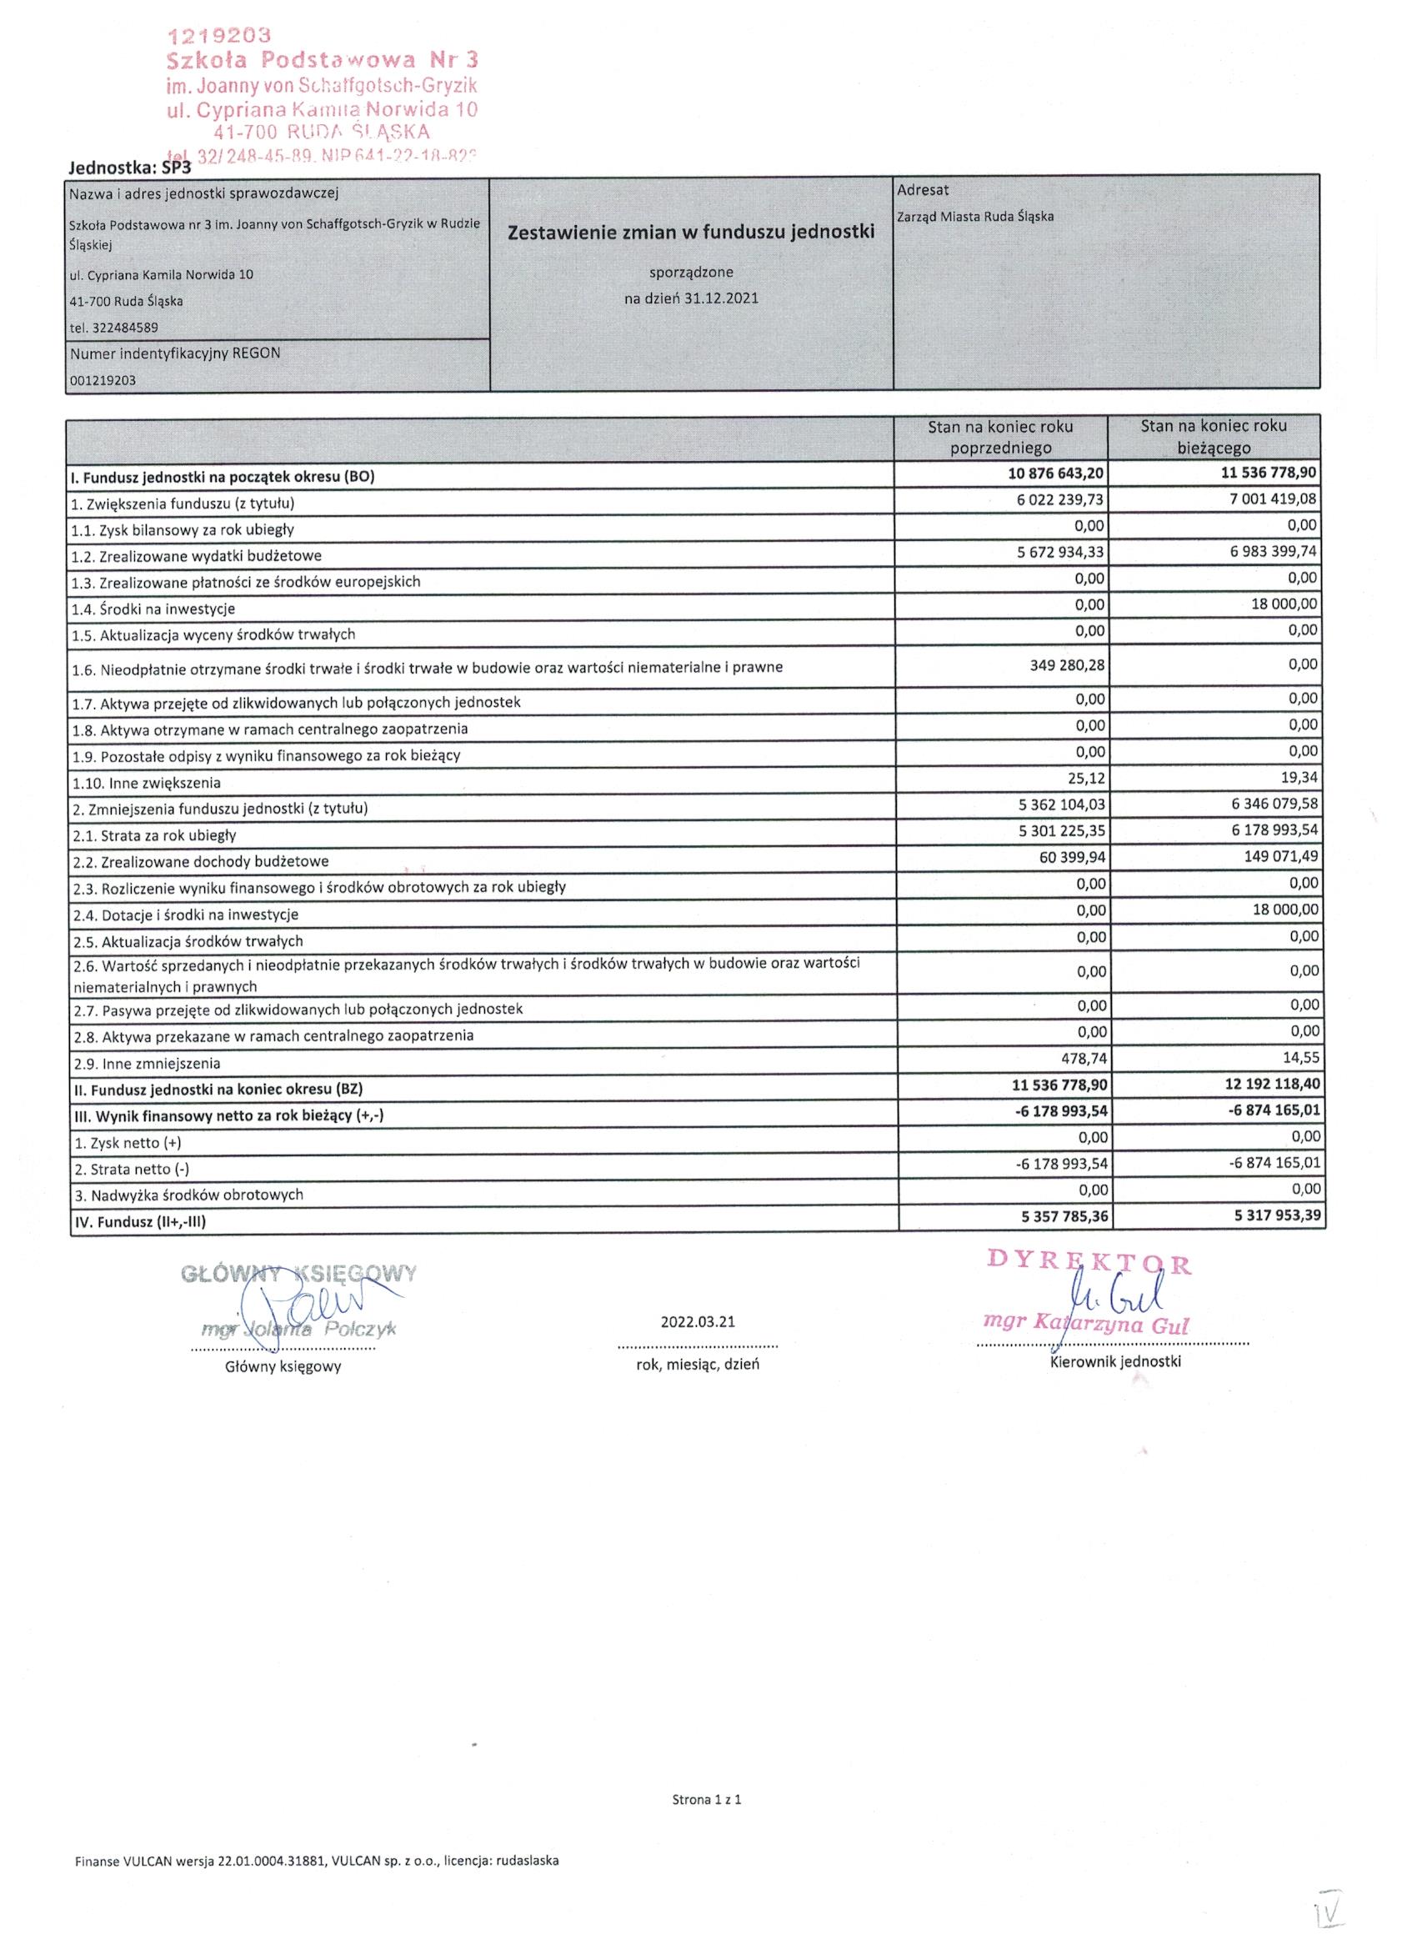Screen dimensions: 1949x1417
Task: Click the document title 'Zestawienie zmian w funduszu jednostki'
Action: coord(691,232)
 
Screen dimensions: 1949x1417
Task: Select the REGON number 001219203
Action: coord(103,380)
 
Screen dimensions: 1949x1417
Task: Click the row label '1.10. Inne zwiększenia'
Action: coord(147,783)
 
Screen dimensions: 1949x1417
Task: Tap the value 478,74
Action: coord(1081,1058)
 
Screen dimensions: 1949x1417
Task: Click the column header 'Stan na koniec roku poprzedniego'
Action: coord(1000,437)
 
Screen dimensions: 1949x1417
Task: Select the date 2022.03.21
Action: coord(697,1321)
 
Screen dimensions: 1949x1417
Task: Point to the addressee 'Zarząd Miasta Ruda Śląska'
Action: coord(975,217)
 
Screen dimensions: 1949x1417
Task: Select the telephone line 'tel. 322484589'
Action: coord(114,328)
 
